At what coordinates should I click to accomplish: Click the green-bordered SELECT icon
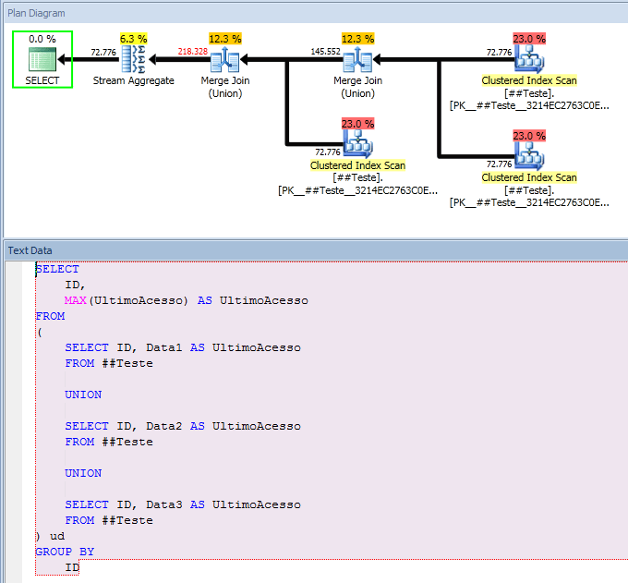(x=42, y=60)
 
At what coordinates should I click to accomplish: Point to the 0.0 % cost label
(x=42, y=39)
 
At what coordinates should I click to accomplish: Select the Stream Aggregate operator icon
(x=134, y=60)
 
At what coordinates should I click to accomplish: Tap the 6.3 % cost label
(x=134, y=39)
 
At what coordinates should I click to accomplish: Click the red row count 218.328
(x=193, y=52)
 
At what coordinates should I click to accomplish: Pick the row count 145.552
(x=325, y=52)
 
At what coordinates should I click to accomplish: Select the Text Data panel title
(x=30, y=250)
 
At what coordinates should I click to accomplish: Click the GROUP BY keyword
(x=65, y=552)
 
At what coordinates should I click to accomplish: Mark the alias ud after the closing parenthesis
(x=57, y=536)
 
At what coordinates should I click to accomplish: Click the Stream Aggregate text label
(x=134, y=81)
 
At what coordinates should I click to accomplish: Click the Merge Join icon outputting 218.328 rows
(x=225, y=60)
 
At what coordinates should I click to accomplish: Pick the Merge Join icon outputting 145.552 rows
(x=357, y=60)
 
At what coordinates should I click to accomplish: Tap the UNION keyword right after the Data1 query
(x=83, y=395)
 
